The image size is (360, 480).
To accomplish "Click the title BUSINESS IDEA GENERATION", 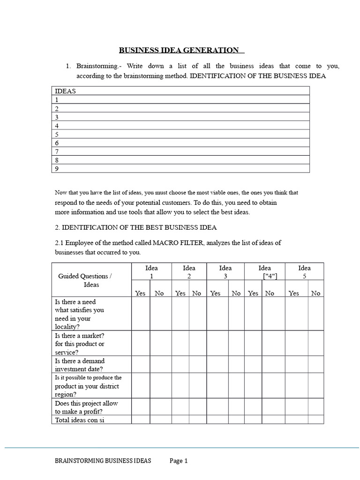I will tap(181, 50).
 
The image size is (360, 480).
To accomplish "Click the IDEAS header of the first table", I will tap(65, 91).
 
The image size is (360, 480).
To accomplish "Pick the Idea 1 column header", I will tap(151, 272).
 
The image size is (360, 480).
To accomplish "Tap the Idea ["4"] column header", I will tap(264, 272).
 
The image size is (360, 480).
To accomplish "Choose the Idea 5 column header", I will tap(304, 272).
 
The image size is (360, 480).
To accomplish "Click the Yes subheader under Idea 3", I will tap(215, 293).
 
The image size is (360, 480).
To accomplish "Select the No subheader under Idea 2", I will tap(196, 293).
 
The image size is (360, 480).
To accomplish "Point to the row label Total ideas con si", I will tap(79, 420).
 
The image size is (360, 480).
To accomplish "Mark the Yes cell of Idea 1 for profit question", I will tap(140, 407).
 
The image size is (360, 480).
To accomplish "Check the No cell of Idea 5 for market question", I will tap(315, 344).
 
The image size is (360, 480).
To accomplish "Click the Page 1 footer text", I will tap(179, 461).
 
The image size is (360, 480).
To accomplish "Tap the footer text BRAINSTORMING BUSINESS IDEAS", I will tap(103, 461).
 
